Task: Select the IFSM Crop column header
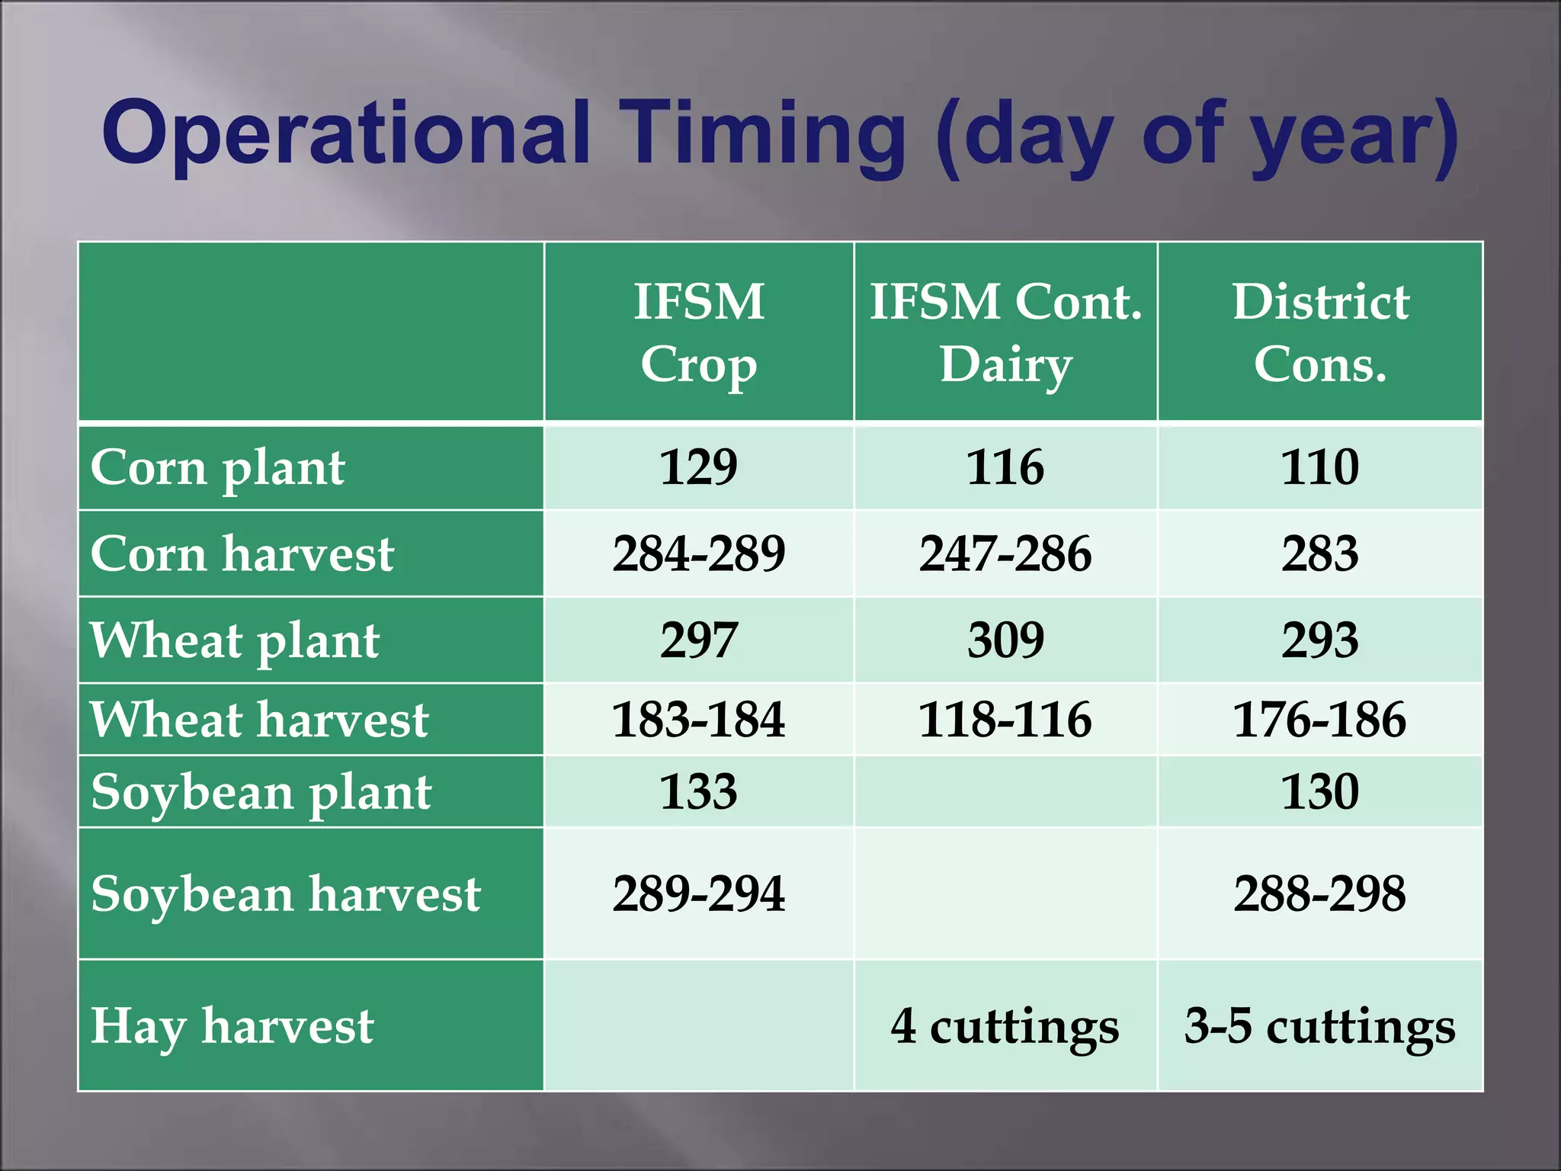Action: (699, 332)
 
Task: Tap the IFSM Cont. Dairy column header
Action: (1005, 332)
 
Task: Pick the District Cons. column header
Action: (1320, 332)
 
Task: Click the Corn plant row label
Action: (218, 467)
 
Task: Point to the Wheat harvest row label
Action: (259, 719)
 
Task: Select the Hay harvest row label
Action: (232, 1026)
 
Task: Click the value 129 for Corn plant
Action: (699, 467)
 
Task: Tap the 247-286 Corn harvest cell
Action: (1005, 553)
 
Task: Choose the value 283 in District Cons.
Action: (1320, 553)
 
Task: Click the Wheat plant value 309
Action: (1005, 640)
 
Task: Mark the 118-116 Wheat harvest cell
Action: (1005, 719)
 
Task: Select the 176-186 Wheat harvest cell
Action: (1320, 719)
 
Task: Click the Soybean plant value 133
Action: (699, 791)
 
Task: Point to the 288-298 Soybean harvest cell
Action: (1320, 893)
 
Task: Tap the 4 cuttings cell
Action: (1005, 1026)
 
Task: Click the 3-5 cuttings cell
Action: (1320, 1026)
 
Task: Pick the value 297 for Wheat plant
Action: (699, 640)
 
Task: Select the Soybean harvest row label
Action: (286, 893)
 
